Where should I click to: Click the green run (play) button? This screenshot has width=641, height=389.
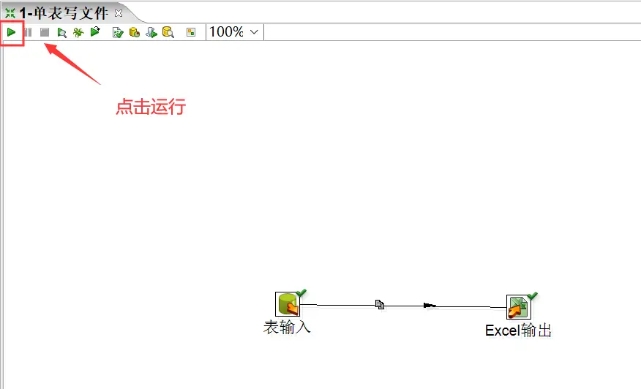[x=12, y=32]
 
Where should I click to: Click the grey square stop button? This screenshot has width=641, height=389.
[x=45, y=32]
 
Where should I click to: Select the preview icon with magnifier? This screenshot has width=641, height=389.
[x=62, y=32]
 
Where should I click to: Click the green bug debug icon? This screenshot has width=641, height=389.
[x=78, y=32]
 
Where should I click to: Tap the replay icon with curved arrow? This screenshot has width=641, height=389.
[x=95, y=32]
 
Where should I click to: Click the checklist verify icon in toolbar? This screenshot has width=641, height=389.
[x=117, y=32]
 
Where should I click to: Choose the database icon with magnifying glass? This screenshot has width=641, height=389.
[x=168, y=32]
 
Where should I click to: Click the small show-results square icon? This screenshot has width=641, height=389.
[x=191, y=32]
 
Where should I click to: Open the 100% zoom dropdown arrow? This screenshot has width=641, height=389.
[x=254, y=32]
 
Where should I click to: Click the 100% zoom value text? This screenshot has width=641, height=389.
[x=226, y=32]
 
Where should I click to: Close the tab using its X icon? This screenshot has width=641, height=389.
[x=119, y=13]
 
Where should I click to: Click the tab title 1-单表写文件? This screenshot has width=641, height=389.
[x=64, y=13]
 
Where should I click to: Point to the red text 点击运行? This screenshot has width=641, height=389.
[x=151, y=107]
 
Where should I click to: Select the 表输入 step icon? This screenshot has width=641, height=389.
[x=287, y=304]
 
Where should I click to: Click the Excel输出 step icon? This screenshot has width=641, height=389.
[x=518, y=307]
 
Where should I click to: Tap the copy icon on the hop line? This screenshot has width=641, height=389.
[x=380, y=304]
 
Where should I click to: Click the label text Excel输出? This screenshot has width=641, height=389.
[x=518, y=331]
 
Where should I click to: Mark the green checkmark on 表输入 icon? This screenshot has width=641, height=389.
[x=301, y=293]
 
